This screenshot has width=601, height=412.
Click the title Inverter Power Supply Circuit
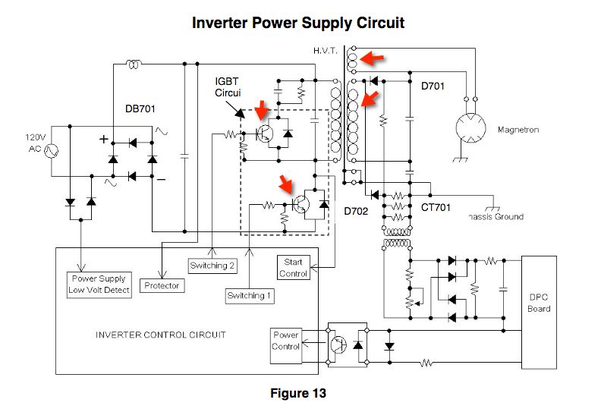298,24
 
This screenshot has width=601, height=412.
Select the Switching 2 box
212,266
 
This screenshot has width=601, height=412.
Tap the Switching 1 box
248,295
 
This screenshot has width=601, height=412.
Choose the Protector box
162,285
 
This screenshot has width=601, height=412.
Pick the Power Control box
286,341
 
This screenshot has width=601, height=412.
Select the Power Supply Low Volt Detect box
99,285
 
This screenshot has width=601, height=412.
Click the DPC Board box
539,303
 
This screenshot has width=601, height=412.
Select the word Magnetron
518,130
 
